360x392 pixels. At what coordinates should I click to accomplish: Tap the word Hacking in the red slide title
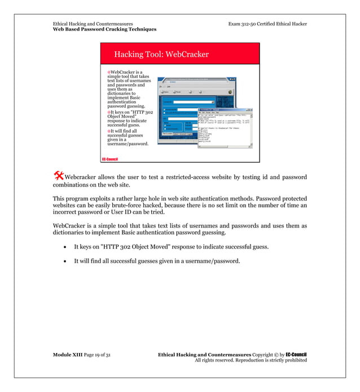pos(128,55)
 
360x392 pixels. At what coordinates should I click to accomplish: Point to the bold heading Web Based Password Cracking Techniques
pos(104,29)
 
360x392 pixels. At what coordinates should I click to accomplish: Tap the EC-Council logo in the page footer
pos(296,354)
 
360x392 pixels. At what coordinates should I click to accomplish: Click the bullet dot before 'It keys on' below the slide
pos(65,247)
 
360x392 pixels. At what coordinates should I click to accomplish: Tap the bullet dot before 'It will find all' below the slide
pos(65,261)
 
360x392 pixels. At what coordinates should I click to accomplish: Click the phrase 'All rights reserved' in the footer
pos(215,360)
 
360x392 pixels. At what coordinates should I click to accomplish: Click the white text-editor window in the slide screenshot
pos(225,127)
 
